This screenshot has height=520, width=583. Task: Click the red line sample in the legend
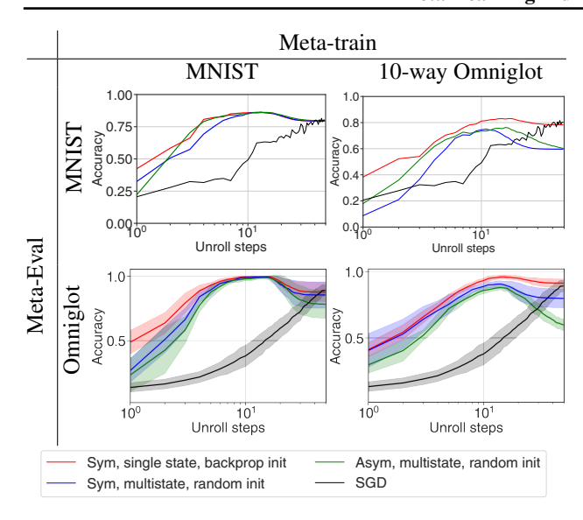point(60,461)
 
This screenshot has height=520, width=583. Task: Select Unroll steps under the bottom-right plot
point(466,428)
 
